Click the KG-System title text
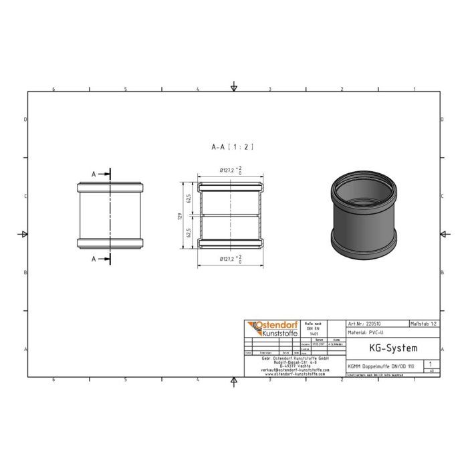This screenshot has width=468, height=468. (x=393, y=348)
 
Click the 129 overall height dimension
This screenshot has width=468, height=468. (x=179, y=216)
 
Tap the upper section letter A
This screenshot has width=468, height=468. (x=94, y=174)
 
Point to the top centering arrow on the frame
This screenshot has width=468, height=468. (x=233, y=87)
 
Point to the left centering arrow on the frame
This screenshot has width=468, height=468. (x=23, y=233)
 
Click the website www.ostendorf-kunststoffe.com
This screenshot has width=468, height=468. (x=294, y=374)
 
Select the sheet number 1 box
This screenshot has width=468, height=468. (x=429, y=365)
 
